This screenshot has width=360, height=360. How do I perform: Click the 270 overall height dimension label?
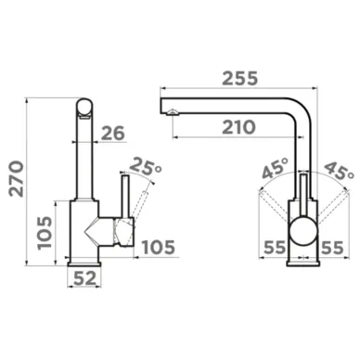[17, 179]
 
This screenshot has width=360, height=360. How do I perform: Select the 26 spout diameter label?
[112, 133]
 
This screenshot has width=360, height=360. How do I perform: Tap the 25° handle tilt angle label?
[145, 166]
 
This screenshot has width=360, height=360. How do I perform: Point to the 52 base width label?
[84, 278]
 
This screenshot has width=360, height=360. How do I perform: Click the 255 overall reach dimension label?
[240, 78]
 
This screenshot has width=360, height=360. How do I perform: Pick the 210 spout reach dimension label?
[238, 127]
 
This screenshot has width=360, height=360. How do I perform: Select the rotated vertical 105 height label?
[45, 233]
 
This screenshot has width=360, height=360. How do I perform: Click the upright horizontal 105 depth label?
[159, 247]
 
